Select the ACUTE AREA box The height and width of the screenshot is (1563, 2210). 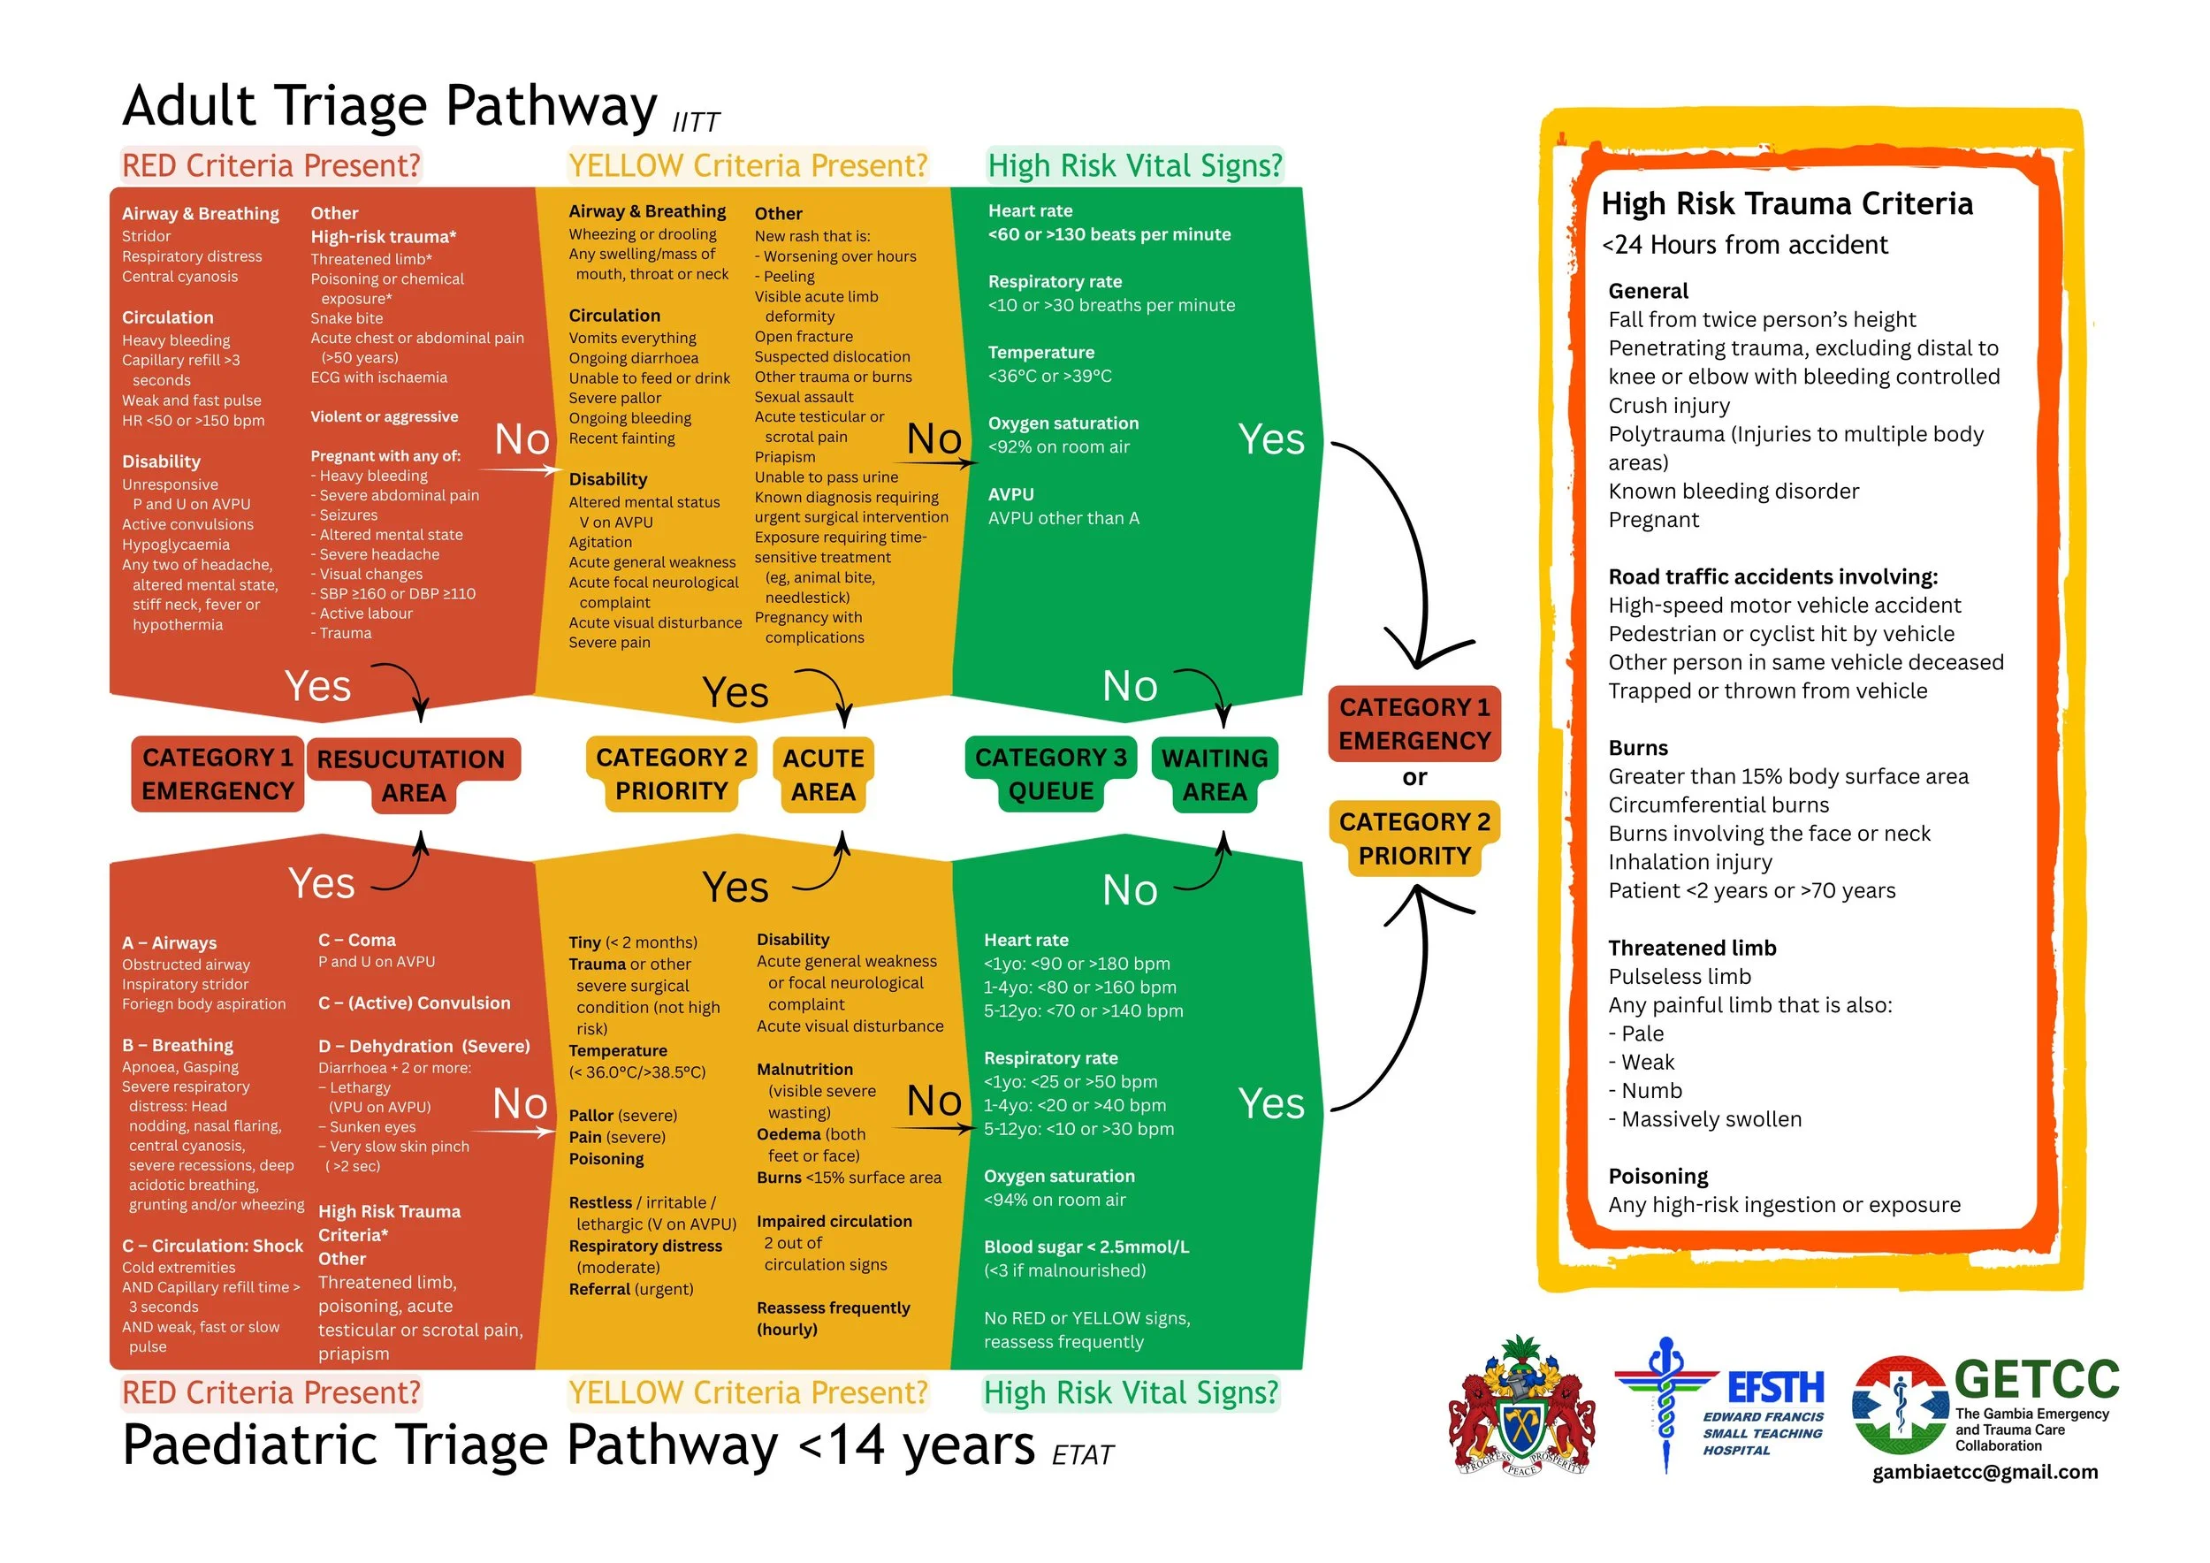(823, 774)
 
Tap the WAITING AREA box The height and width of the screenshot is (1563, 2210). (1215, 774)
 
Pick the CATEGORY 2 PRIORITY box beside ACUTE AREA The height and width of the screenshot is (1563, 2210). (671, 774)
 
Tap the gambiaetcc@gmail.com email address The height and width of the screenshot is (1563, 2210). (1985, 1472)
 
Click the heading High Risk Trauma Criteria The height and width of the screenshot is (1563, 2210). (1787, 204)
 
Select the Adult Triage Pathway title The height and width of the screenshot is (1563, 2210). (390, 106)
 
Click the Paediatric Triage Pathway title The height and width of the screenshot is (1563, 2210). (577, 1445)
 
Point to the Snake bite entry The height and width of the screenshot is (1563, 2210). (347, 318)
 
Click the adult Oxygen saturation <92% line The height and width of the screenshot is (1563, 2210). (1059, 446)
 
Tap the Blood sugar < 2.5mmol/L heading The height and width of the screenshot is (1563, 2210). (1086, 1247)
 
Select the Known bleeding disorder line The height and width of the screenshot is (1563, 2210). (1734, 492)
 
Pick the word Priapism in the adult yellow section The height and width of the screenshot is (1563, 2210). (784, 457)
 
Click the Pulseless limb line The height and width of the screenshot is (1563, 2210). (1680, 977)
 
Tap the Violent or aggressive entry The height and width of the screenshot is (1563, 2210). (384, 416)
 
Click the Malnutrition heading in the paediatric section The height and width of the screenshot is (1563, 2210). (804, 1070)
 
